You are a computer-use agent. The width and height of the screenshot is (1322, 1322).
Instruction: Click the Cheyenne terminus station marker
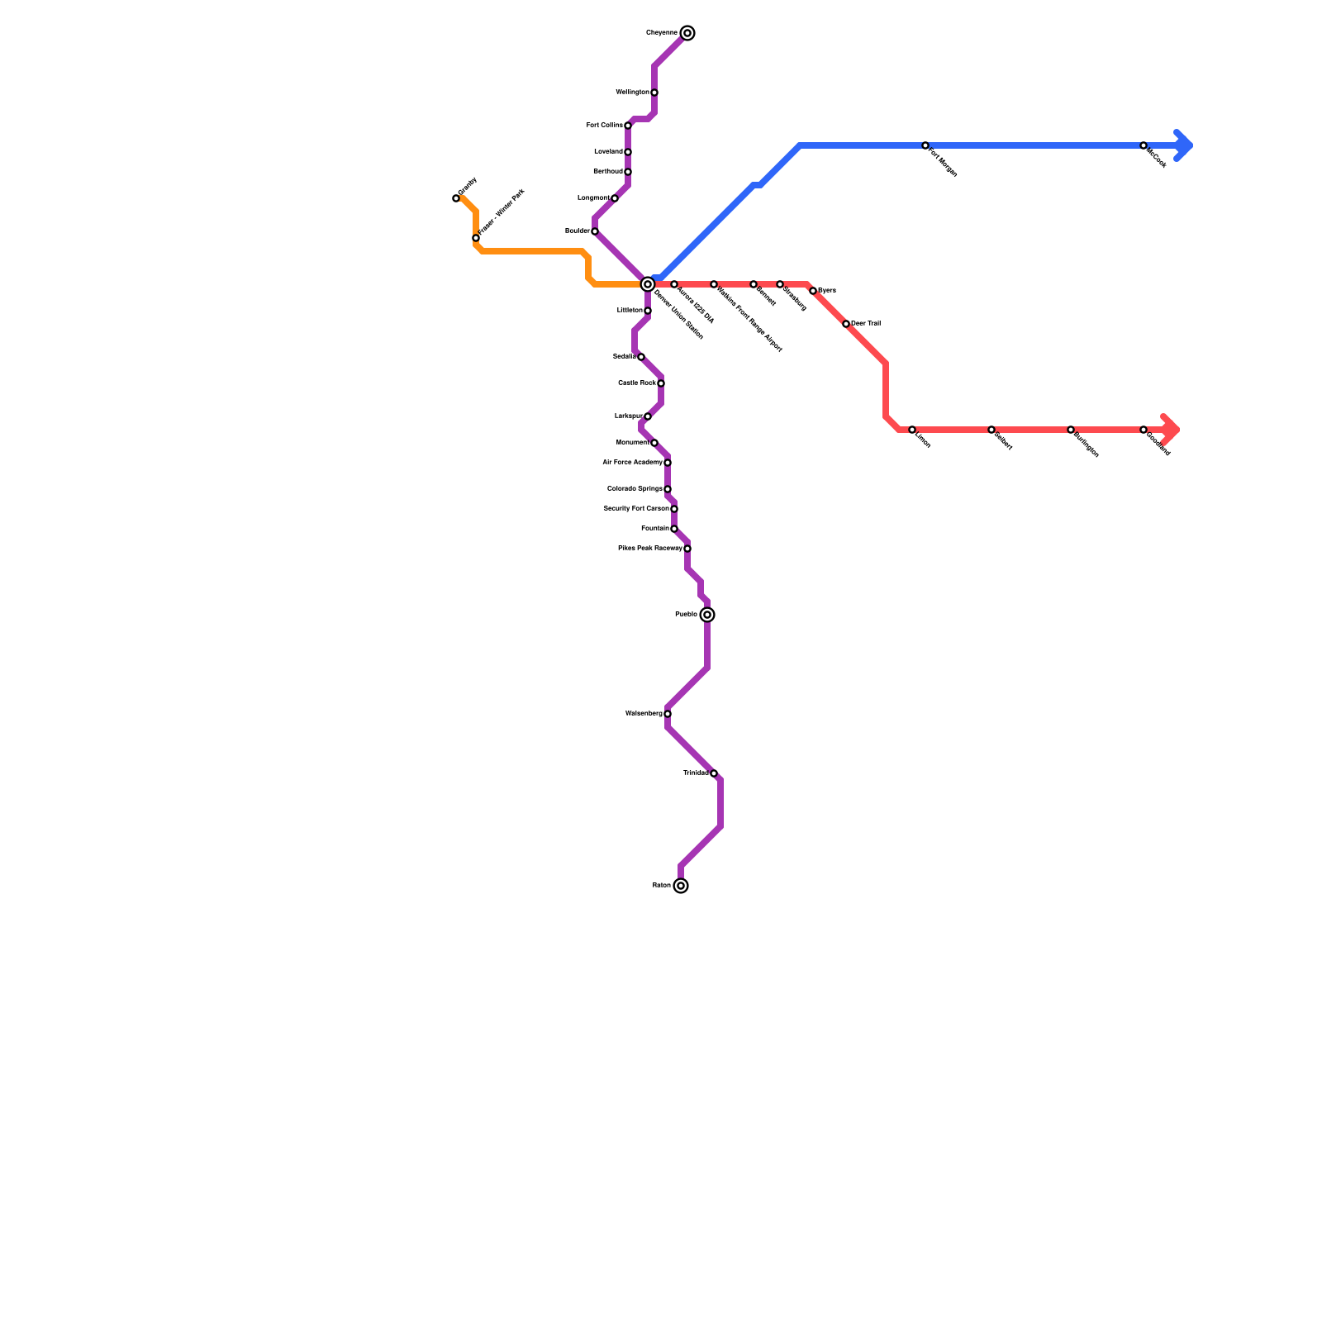coord(687,33)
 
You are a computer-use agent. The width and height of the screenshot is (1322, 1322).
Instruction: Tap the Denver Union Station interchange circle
coord(648,284)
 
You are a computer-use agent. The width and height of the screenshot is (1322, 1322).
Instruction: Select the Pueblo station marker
coord(707,615)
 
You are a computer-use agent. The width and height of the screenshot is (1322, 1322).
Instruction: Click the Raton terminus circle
coord(681,886)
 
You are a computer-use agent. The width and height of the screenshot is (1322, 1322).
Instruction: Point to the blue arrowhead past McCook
coord(1184,145)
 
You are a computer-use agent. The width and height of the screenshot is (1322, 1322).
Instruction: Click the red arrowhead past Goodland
coord(1171,430)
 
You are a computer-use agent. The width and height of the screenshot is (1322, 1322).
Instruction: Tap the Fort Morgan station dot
coord(925,145)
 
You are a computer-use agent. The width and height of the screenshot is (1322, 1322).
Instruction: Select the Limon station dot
coord(912,430)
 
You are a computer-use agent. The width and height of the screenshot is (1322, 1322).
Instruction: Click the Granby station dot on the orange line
coord(456,198)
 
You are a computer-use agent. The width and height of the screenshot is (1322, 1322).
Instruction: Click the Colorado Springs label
coord(635,489)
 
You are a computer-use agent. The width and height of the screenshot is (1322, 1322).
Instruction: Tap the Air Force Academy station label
coord(632,463)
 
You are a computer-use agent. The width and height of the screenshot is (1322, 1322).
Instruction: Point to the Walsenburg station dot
coord(668,714)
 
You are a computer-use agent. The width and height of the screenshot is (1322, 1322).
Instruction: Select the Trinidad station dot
coord(714,773)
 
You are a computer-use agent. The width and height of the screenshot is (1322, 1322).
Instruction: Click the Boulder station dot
coord(595,231)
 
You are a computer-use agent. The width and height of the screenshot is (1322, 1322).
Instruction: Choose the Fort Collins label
coord(604,126)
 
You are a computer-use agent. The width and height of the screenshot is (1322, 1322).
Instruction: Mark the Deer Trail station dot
coord(846,324)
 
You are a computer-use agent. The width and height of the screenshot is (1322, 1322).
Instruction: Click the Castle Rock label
coord(636,383)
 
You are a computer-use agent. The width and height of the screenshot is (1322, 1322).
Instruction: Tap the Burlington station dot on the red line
coord(1071,430)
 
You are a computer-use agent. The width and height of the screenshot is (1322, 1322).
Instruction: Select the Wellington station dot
coord(654,93)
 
